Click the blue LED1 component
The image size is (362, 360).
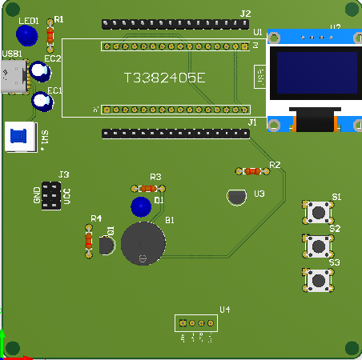pos(26,35)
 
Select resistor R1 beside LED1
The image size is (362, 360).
pos(51,34)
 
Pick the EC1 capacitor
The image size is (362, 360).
pos(41,102)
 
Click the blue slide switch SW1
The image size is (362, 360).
pos(18,137)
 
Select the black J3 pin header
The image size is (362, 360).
pos(51,195)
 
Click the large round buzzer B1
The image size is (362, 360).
pos(143,243)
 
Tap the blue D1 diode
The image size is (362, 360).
pos(141,206)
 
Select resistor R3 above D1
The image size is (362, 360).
pos(147,187)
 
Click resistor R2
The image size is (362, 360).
pos(252,170)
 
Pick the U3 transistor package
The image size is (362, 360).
pos(236,197)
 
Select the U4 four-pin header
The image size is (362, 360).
pos(195,323)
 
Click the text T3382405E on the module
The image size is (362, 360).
pos(165,78)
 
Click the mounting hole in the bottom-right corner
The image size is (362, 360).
pos(351,347)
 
